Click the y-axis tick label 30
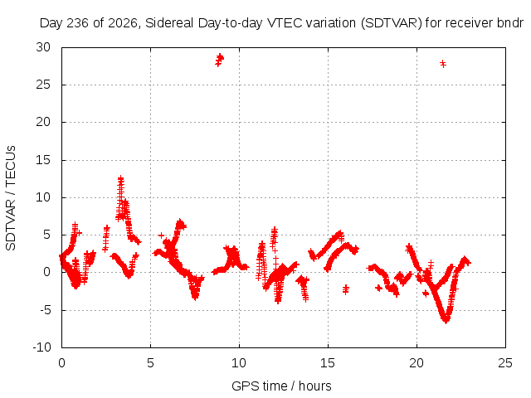click(43, 47)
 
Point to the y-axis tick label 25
click(43, 85)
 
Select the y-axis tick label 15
click(43, 160)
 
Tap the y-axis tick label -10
click(41, 347)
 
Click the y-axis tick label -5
click(44, 309)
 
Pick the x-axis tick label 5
click(150, 363)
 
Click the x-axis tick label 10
click(239, 363)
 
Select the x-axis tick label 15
click(328, 363)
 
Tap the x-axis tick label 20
click(417, 363)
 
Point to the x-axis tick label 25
click(505, 363)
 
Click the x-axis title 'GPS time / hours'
click(281, 386)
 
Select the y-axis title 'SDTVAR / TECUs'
click(11, 198)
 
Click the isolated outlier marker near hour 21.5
click(442, 64)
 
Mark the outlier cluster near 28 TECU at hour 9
click(219, 60)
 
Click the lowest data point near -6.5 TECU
click(446, 320)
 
